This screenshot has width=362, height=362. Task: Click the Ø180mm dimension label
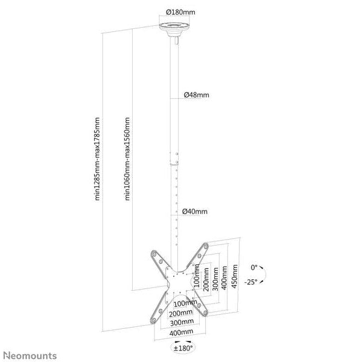[180, 12]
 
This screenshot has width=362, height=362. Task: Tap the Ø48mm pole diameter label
[197, 95]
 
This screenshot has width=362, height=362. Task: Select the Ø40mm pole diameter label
[195, 211]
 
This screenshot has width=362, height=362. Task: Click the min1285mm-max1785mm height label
[97, 159]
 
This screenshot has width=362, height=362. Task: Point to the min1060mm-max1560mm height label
[127, 159]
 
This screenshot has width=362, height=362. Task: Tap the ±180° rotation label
[183, 348]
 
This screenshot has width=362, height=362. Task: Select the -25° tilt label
[251, 282]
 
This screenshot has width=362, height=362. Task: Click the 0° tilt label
[254, 267]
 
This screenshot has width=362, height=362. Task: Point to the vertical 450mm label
[234, 276]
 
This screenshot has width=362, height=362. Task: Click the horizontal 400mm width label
[181, 332]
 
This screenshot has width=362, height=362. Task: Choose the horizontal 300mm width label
[182, 322]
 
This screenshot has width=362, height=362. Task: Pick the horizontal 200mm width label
[181, 313]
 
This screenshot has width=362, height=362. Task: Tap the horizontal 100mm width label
[185, 303]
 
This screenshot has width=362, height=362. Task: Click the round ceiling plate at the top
[174, 27]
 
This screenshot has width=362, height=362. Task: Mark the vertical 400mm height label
[224, 278]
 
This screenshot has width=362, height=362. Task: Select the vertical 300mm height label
[215, 279]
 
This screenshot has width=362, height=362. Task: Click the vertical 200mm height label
[206, 280]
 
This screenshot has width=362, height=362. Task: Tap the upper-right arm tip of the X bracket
[206, 246]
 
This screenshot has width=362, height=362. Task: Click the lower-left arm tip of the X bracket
[153, 320]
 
